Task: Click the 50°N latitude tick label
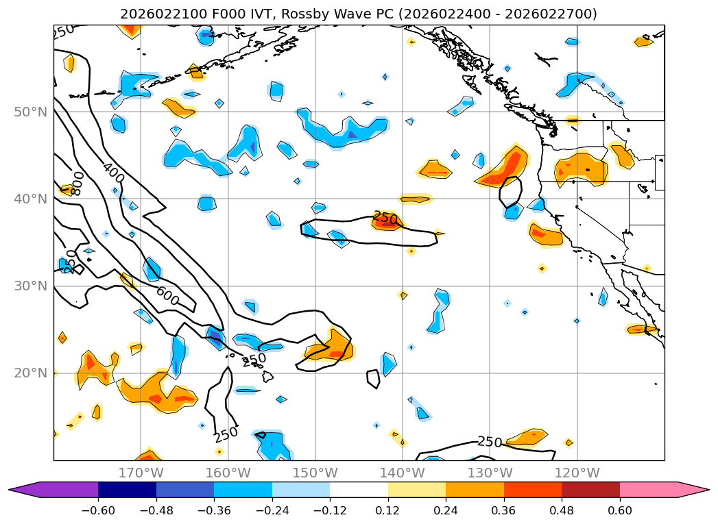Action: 30,112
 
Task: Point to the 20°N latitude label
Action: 30,373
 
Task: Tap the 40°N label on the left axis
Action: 30,199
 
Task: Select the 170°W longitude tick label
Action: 141,473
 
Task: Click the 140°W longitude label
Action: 402,473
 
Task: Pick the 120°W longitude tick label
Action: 577,473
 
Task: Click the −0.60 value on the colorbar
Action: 98,510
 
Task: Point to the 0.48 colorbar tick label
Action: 562,510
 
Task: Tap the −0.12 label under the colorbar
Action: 330,510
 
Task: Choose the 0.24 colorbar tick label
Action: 446,510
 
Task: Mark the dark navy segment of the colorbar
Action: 127,489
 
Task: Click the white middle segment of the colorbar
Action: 359,489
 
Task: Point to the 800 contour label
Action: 77,183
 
